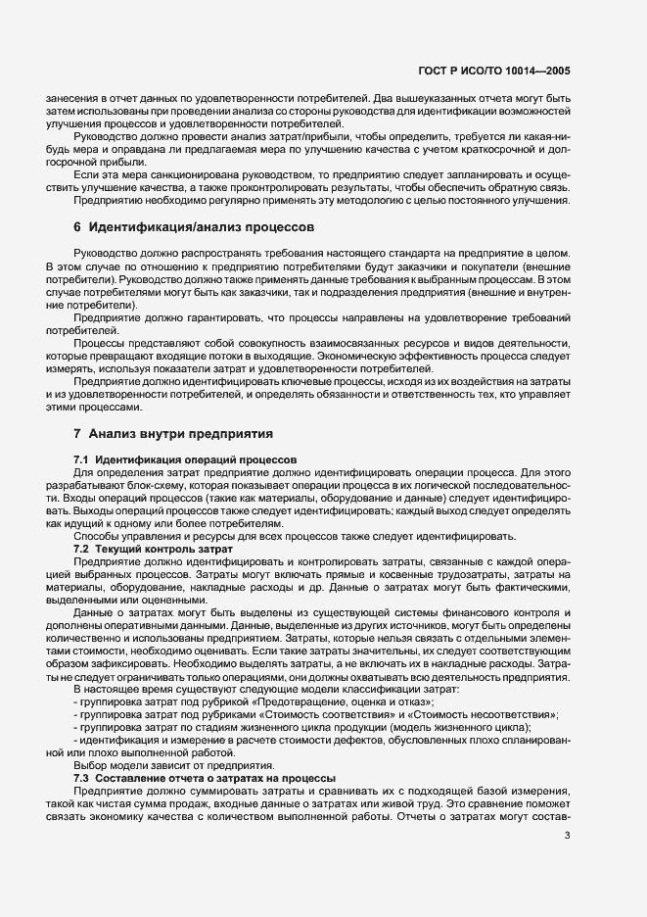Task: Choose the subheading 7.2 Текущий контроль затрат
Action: pos(153,550)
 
